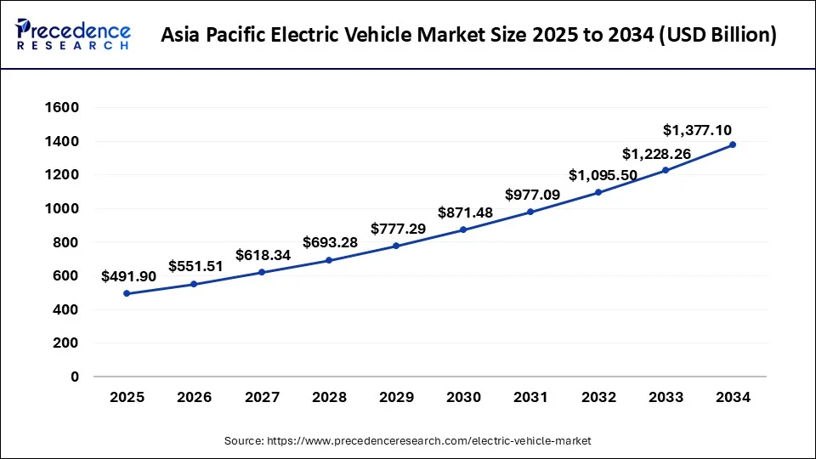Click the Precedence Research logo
click(73, 35)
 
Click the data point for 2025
click(127, 293)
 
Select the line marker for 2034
click(733, 144)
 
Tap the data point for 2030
click(463, 229)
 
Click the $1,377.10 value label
click(697, 130)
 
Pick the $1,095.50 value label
click(598, 175)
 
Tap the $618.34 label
click(262, 254)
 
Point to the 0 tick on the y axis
click(75, 377)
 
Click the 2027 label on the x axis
click(261, 397)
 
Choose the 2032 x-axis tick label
click(598, 397)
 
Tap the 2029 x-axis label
click(396, 397)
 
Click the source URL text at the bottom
click(407, 441)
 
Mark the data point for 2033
click(666, 170)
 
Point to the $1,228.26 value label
click(656, 154)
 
